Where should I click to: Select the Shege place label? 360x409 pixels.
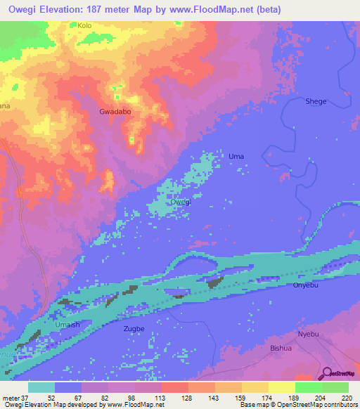(316, 101)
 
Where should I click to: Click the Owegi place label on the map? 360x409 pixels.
(181, 202)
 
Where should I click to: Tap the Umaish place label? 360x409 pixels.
(68, 326)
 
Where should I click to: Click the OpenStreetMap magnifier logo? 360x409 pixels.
(326, 375)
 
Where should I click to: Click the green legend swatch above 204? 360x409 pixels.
(308, 387)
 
